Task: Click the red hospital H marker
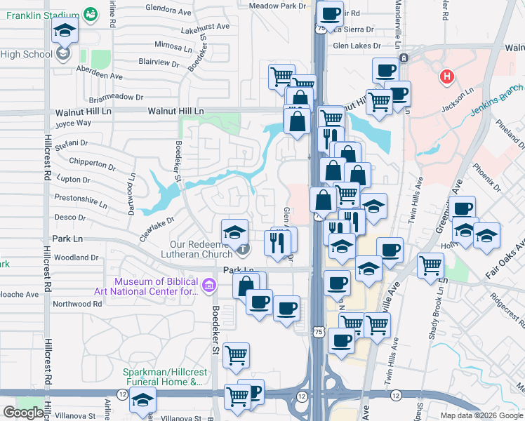pyautogui.click(x=445, y=76)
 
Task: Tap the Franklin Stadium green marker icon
pyautogui.click(x=91, y=13)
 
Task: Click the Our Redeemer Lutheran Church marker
pyautogui.click(x=242, y=248)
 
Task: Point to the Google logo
pyautogui.click(x=24, y=413)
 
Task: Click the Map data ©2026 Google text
pyautogui.click(x=481, y=415)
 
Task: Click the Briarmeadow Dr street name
pyautogui.click(x=116, y=98)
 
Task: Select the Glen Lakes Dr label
pyautogui.click(x=357, y=46)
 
